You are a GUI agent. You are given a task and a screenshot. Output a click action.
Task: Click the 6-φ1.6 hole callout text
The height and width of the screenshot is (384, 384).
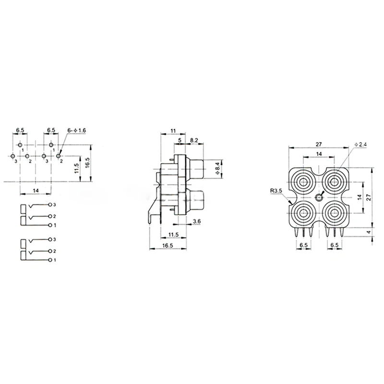[77, 131]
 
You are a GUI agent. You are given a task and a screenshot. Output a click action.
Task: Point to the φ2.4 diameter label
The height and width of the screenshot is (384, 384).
[361, 144]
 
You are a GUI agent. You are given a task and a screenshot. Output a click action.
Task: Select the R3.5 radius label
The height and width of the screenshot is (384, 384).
[276, 191]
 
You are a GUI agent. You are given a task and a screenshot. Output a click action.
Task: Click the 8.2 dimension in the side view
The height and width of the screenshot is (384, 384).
[194, 140]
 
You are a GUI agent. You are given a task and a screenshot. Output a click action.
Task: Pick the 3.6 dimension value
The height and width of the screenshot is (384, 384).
[197, 221]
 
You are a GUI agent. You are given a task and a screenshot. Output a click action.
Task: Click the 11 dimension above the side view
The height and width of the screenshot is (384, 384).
[173, 131]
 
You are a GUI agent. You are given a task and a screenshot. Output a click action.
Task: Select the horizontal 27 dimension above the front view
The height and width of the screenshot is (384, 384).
[318, 144]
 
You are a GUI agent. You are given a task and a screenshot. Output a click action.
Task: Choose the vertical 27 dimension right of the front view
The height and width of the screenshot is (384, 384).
[369, 197]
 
